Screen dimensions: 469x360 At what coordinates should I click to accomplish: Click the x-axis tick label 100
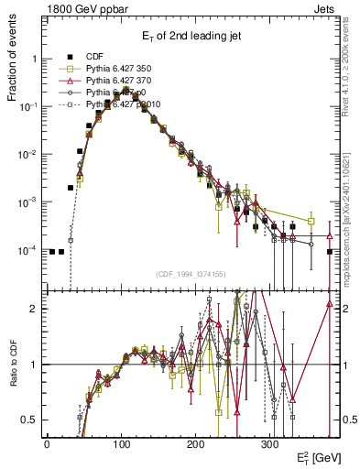click(x=121, y=444)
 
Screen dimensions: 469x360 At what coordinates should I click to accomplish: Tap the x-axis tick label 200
click(x=195, y=444)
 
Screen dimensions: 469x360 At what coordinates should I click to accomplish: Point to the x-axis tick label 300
click(x=269, y=444)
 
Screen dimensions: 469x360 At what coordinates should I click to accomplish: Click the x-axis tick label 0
click(x=47, y=444)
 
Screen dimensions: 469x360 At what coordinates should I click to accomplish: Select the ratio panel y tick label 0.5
click(x=30, y=420)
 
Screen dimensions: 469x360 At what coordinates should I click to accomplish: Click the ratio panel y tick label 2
click(x=34, y=309)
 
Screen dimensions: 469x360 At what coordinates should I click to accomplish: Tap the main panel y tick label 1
click(x=34, y=59)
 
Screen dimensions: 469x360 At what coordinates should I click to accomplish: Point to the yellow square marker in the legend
click(x=64, y=68)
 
